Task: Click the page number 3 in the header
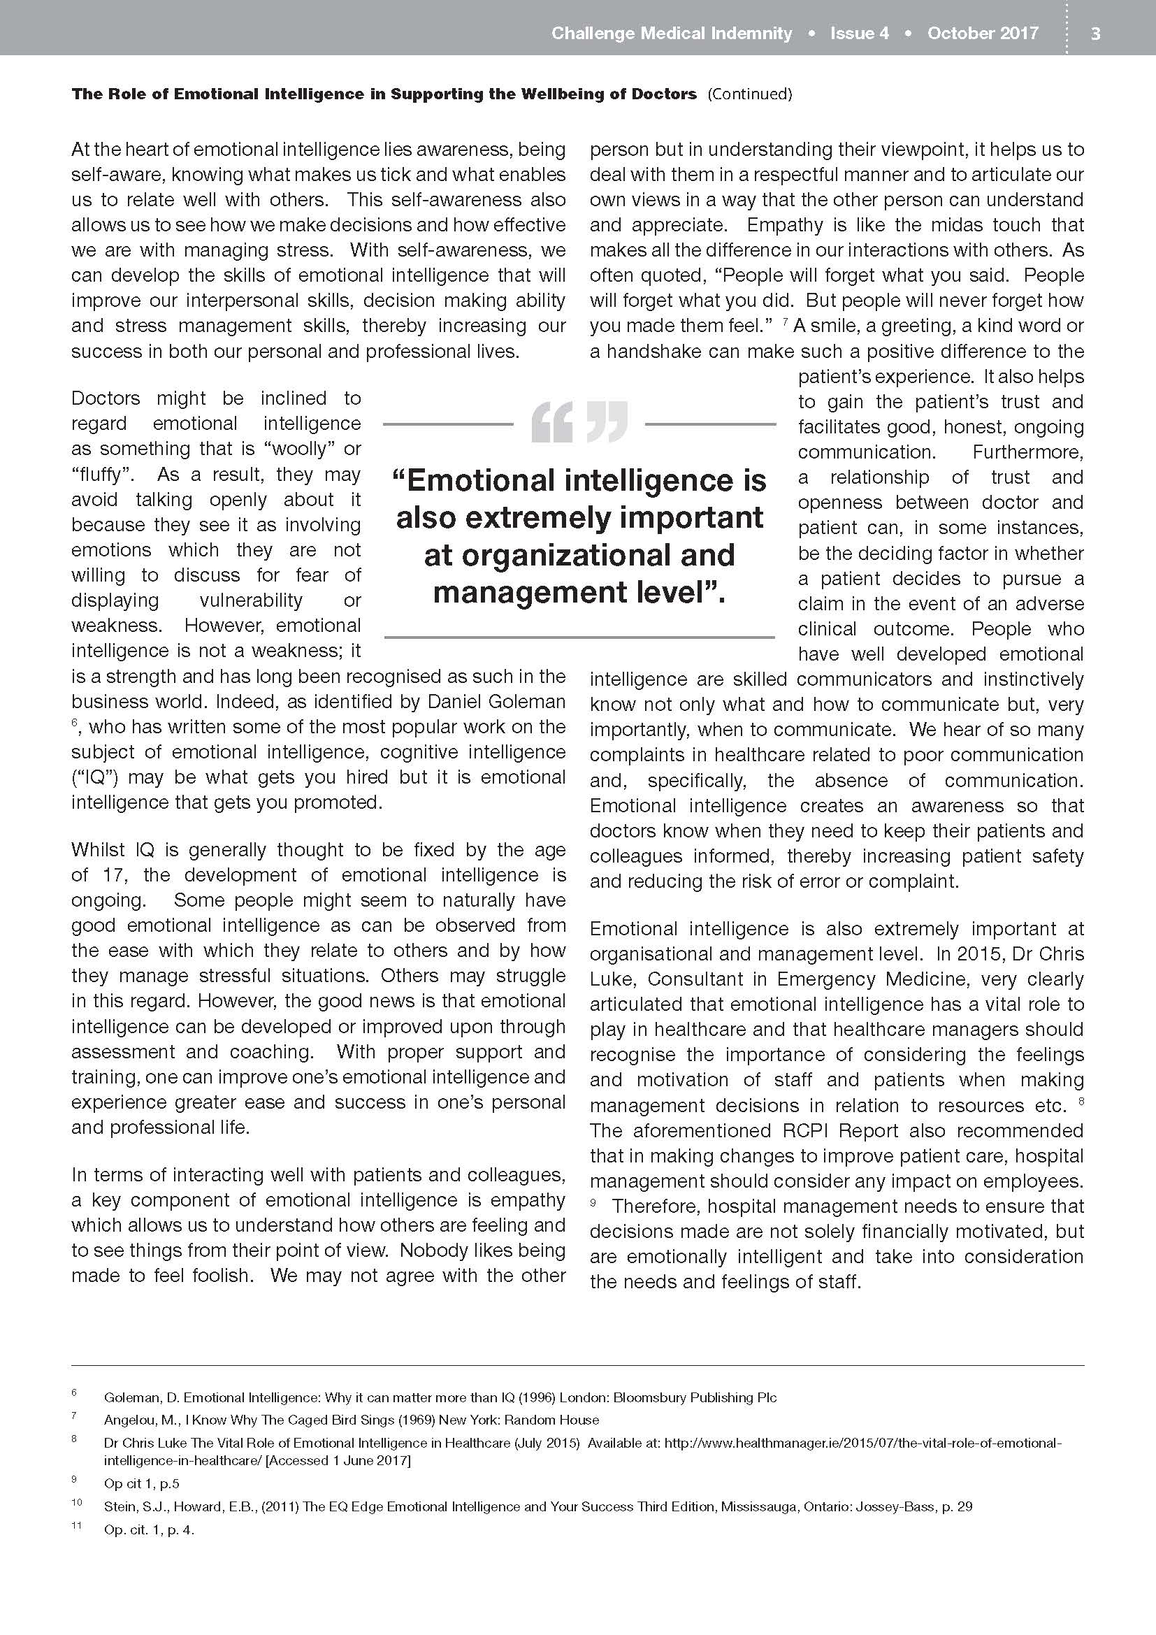point(1095,34)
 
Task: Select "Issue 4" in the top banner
point(859,34)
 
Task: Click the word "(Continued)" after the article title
point(749,94)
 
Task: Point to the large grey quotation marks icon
point(579,422)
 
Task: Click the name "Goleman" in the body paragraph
point(526,701)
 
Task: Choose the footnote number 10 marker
point(76,1504)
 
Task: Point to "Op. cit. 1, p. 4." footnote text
point(149,1529)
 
